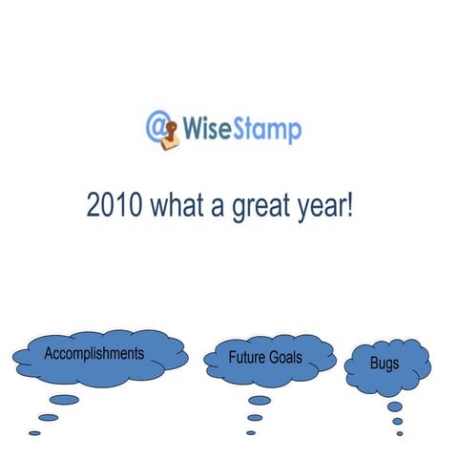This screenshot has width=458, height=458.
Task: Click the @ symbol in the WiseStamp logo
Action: click(x=156, y=124)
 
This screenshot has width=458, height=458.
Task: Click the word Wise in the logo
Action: click(x=210, y=128)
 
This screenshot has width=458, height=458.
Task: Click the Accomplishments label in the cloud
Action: click(x=94, y=353)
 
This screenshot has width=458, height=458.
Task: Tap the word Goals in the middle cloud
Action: click(x=285, y=358)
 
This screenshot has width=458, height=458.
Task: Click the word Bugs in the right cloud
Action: click(x=385, y=364)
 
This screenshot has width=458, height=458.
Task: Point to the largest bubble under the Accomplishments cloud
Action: click(x=64, y=400)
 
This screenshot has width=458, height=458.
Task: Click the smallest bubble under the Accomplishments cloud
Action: click(x=35, y=432)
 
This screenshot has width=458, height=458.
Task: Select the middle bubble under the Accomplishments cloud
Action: click(x=48, y=417)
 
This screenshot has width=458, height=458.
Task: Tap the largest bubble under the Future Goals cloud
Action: click(x=260, y=401)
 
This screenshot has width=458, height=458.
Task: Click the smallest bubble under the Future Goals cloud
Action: click(x=251, y=432)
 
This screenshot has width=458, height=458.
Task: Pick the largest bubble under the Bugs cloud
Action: click(x=394, y=406)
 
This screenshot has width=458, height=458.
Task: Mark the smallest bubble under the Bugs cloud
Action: click(x=400, y=432)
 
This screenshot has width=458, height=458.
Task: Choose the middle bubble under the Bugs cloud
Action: click(x=397, y=421)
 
